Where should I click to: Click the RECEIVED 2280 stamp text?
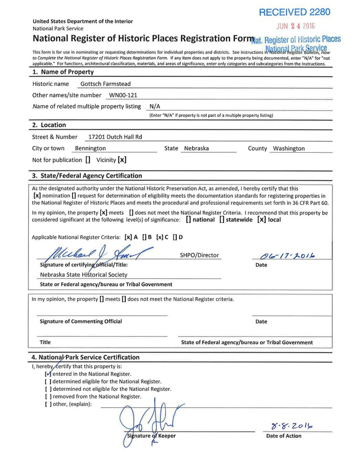[294, 12]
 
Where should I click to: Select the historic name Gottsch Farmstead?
[105, 84]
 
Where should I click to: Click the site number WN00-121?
[124, 95]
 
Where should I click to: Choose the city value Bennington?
[90, 148]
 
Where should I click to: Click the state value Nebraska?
[196, 148]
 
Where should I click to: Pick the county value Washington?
[289, 148]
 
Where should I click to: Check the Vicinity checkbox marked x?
[122, 160]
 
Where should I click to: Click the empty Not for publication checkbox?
[88, 160]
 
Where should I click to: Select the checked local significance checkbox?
[262, 219]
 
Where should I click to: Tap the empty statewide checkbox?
[222, 219]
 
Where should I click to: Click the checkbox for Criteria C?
[159, 237]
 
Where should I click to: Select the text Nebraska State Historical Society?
[83, 275]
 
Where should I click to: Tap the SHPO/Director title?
[199, 255]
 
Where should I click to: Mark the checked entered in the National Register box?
[48, 374]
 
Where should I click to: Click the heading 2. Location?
[49, 125]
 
